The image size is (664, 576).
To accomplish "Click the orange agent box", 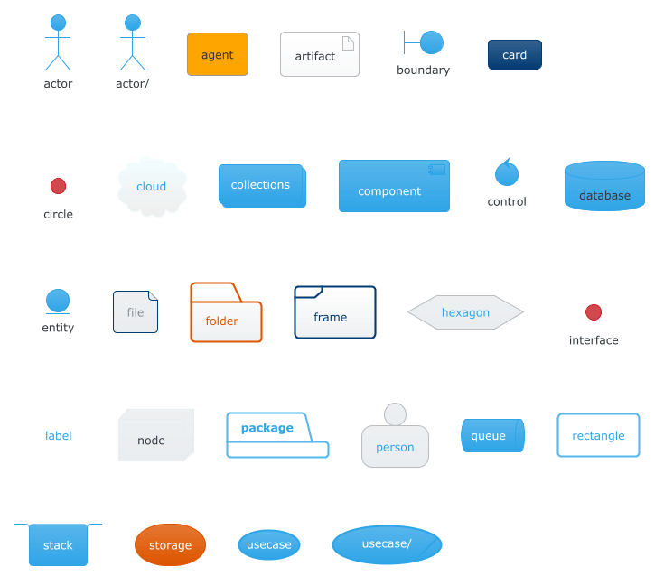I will click(217, 54).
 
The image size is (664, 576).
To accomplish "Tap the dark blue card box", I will click(514, 55).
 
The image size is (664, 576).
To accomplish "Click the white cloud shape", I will click(152, 187).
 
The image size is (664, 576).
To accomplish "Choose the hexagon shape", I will click(465, 312).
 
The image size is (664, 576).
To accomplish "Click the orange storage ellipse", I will click(170, 545).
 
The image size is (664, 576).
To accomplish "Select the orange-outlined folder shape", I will click(226, 316).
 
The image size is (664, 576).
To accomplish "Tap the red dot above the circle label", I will click(58, 186).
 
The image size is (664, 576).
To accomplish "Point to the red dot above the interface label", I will click(594, 312).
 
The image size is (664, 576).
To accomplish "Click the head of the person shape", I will click(395, 413).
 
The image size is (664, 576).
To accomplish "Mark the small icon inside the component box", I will click(437, 170).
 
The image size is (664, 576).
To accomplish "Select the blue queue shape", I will click(492, 436).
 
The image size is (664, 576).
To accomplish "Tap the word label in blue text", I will click(59, 436).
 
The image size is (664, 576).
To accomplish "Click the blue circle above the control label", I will click(506, 172).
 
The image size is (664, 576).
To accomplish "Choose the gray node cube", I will click(155, 436).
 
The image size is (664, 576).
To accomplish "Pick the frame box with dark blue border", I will click(334, 313).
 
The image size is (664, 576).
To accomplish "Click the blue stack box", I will click(58, 545).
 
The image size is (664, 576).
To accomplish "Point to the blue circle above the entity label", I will click(58, 301).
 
